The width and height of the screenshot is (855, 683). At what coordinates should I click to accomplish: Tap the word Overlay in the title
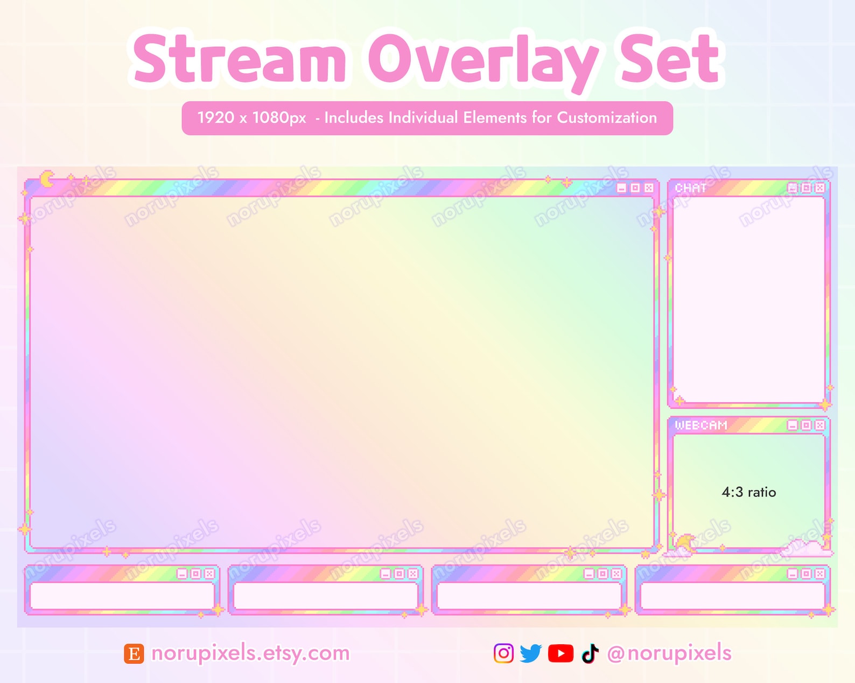tap(483, 60)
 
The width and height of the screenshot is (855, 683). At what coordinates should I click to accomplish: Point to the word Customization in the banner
tap(607, 118)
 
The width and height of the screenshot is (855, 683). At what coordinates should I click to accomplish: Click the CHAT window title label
tap(690, 188)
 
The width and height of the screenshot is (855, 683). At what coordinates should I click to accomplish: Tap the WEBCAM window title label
tap(701, 425)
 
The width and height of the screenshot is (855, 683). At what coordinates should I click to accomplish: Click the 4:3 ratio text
tap(748, 492)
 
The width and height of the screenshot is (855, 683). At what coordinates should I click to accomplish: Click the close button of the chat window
tap(819, 188)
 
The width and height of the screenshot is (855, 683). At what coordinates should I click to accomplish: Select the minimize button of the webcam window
tap(793, 425)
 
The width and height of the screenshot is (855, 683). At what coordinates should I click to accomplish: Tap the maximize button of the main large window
tap(635, 188)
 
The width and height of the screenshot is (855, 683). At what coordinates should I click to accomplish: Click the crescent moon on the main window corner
tap(47, 179)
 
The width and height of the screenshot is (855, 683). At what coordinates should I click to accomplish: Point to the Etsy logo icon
tap(134, 654)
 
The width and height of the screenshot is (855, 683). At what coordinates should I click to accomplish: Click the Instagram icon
tap(503, 653)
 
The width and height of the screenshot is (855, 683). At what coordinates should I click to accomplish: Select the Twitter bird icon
tap(531, 653)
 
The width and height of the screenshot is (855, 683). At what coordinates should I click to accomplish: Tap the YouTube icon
tap(560, 653)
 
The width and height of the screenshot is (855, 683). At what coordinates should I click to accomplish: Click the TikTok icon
tap(590, 653)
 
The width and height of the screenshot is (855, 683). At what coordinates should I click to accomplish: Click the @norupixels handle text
tap(669, 653)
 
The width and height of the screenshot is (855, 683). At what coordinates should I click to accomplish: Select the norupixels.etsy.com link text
tap(250, 653)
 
